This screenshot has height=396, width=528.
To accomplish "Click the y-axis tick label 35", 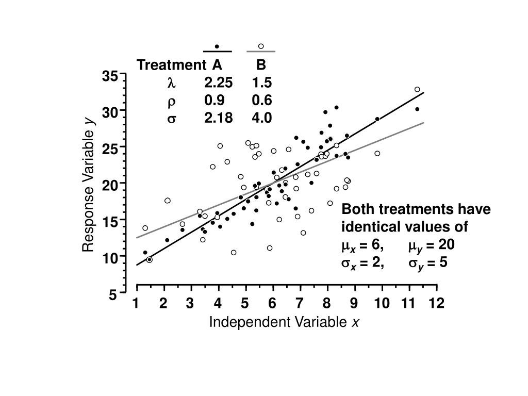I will [x=110, y=76].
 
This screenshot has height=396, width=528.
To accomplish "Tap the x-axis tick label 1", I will [x=136, y=303].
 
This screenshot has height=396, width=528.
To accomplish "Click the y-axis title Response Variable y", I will [x=89, y=185].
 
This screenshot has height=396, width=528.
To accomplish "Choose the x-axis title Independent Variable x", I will [x=284, y=323].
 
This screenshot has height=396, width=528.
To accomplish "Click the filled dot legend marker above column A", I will [x=217, y=46].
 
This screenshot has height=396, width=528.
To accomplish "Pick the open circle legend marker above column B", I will [x=261, y=46].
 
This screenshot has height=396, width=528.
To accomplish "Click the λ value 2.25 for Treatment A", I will [x=218, y=82].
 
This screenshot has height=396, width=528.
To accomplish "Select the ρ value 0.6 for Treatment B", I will [x=262, y=100].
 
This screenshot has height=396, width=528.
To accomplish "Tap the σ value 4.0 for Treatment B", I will [x=262, y=118].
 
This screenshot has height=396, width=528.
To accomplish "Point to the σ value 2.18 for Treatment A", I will [x=218, y=118].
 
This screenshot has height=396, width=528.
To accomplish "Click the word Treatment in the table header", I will [x=171, y=65].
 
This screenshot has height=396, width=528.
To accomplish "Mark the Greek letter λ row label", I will [x=171, y=82].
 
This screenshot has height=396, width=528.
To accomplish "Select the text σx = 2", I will [x=362, y=263].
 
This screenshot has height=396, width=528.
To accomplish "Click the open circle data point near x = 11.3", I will [x=417, y=89].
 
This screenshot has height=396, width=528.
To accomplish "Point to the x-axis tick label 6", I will [x=272, y=303].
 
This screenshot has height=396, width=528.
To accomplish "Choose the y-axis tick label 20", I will [x=110, y=185].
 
